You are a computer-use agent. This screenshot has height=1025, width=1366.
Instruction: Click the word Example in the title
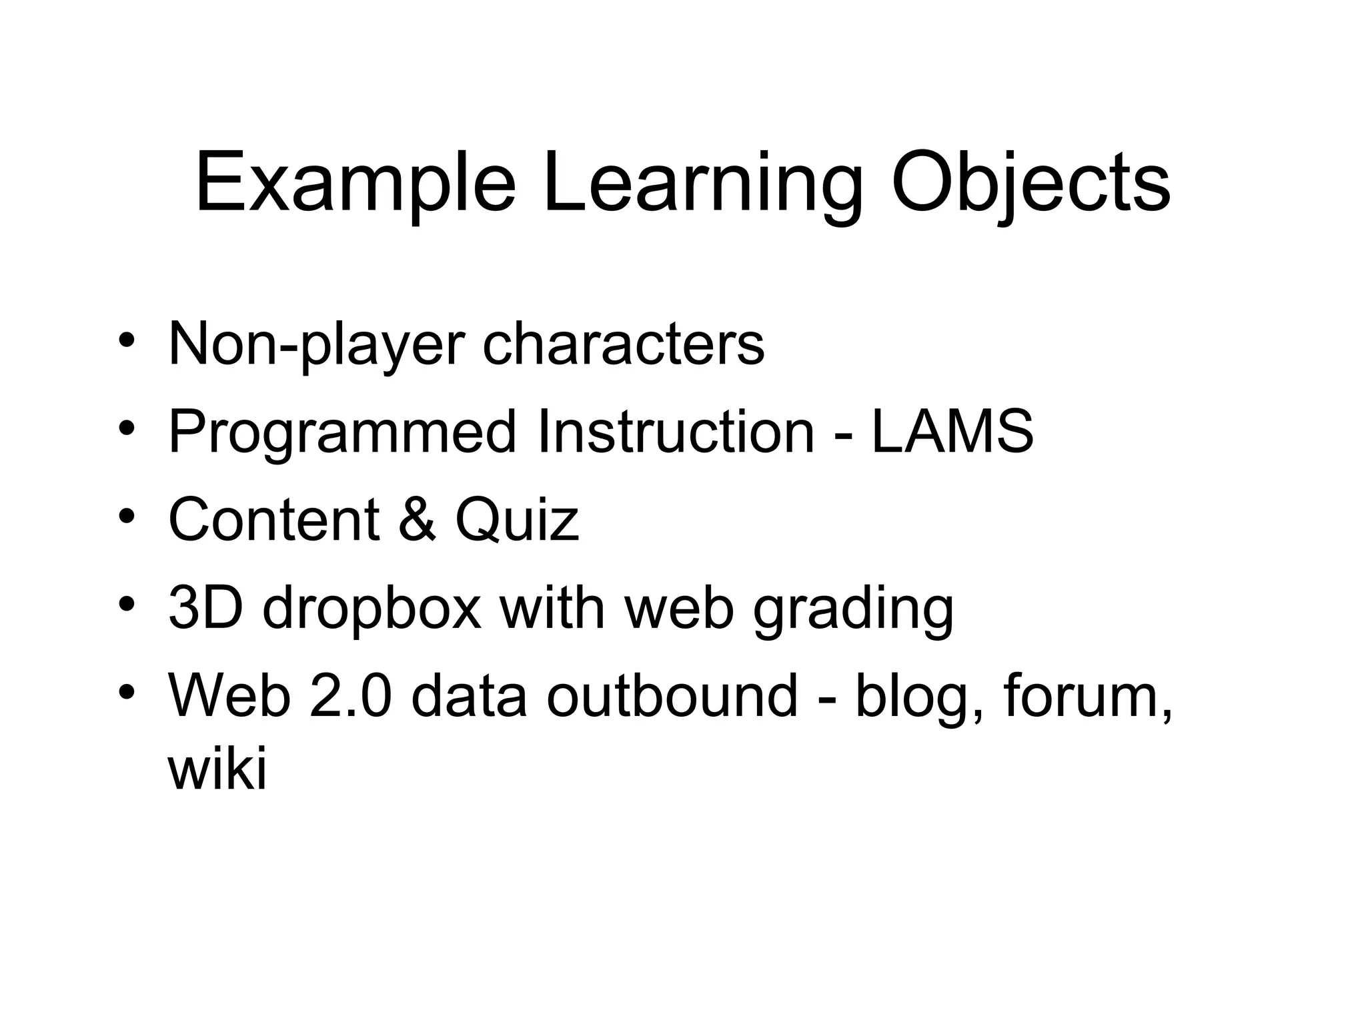356,184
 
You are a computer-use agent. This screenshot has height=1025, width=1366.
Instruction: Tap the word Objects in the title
1031,184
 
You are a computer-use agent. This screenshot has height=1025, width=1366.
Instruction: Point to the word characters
623,344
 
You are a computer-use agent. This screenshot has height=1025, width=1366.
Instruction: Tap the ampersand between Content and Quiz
417,520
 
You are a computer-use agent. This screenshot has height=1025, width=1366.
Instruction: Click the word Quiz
517,520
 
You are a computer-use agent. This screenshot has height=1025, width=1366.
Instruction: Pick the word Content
273,520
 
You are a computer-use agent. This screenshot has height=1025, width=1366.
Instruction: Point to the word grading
853,610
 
